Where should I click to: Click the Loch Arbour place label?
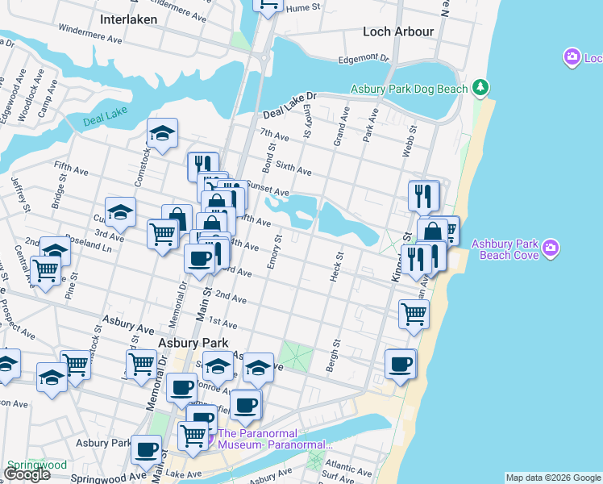pyautogui.click(x=398, y=31)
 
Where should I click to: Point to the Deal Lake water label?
pyautogui.click(x=105, y=122)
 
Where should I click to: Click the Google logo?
pyautogui.click(x=26, y=474)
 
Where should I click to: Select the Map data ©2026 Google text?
pyautogui.click(x=552, y=478)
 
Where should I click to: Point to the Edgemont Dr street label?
pyautogui.click(x=364, y=59)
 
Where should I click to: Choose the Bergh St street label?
pyautogui.click(x=334, y=352)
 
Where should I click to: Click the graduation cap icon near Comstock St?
pyautogui.click(x=162, y=134)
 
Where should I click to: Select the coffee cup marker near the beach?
pyautogui.click(x=400, y=364)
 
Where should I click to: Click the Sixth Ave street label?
pyautogui.click(x=293, y=169)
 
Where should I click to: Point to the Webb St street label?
pyautogui.click(x=410, y=140)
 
